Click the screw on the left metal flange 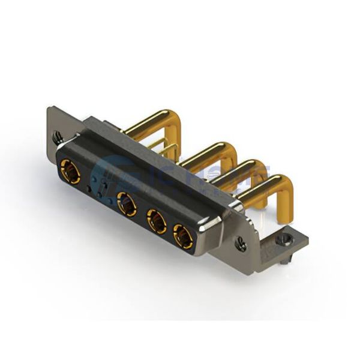pos(57,138)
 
